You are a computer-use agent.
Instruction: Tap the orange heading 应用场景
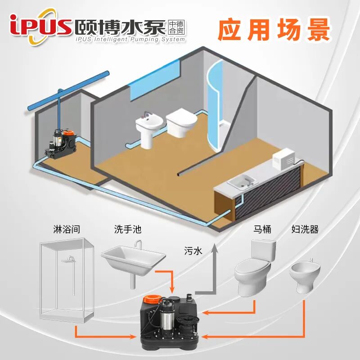click(x=274, y=30)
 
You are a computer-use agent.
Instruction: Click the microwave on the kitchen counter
click(x=286, y=159)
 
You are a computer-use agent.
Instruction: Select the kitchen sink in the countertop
click(x=241, y=182)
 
